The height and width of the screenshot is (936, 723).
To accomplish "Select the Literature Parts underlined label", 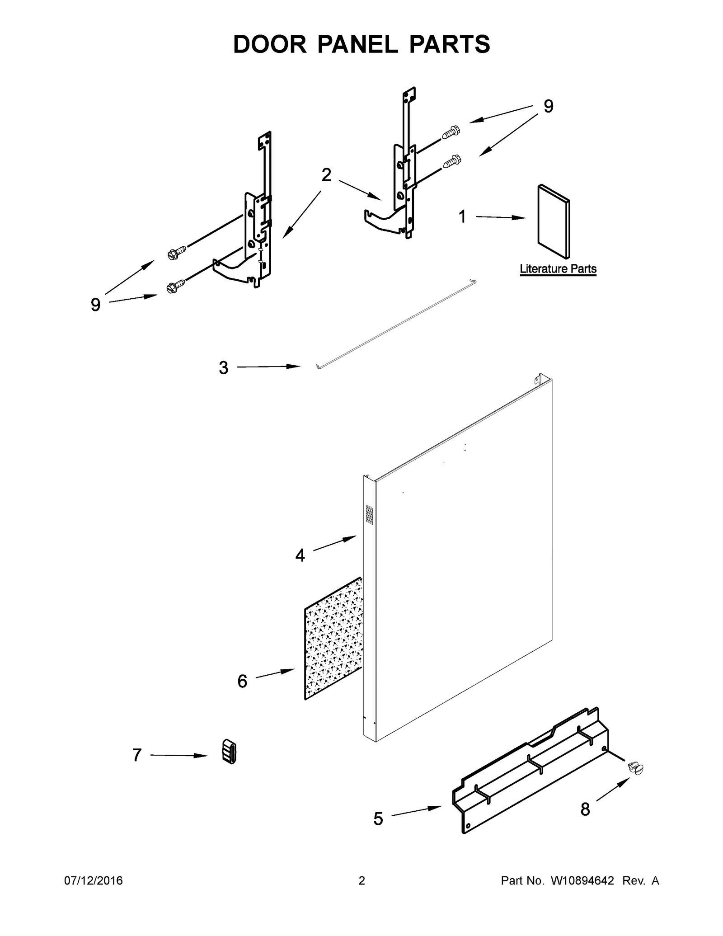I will point(558,269).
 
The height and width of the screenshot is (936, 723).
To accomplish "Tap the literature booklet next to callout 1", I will point(553,221).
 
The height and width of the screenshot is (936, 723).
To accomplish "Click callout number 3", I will point(223,368).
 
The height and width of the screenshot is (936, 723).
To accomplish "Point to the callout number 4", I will point(300,555).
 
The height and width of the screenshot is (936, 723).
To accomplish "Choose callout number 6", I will point(242,681).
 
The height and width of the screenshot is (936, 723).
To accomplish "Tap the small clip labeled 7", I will point(230,752).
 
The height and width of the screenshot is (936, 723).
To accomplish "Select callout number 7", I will point(137,755).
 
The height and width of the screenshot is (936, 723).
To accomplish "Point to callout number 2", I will point(326,175).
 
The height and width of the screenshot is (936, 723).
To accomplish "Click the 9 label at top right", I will point(548,107).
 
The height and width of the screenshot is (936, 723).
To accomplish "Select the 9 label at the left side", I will point(95,305).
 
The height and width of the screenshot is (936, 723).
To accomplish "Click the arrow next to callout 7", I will point(178,755).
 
